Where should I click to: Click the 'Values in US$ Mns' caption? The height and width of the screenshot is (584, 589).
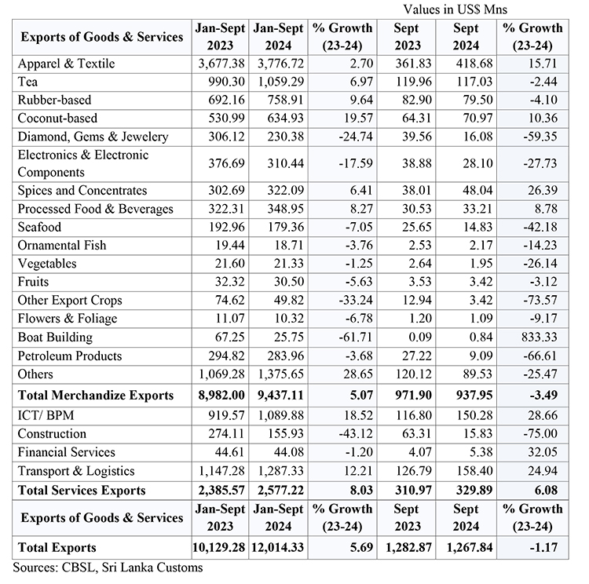pos(455,9)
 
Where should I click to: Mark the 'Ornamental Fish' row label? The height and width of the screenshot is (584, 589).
pos(62,246)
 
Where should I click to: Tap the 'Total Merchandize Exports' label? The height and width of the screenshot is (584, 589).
pos(95,396)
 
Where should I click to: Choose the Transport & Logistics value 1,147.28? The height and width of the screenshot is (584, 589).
pos(219,472)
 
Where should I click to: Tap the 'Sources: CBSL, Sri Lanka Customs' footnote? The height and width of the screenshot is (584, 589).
pos(108,567)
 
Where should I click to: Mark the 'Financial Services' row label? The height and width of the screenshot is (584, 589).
pos(66,453)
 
